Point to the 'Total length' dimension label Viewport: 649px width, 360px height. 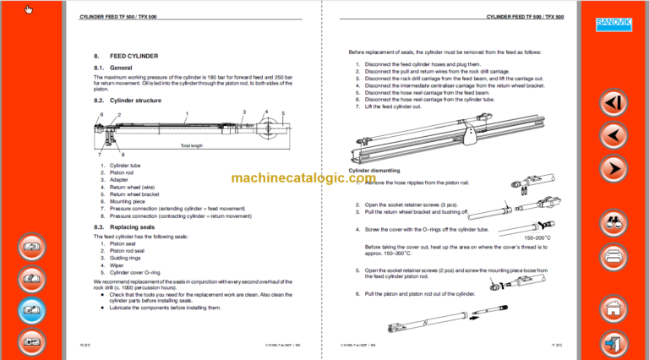click(191, 146)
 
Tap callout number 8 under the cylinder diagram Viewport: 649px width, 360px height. click(123, 154)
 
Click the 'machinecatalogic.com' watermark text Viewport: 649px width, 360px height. click(303, 178)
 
